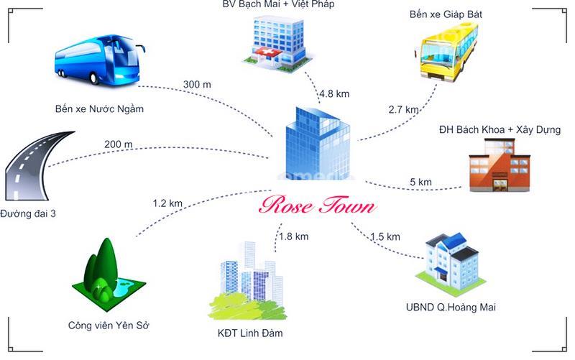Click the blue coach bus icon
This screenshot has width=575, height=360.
pyautogui.click(x=99, y=60)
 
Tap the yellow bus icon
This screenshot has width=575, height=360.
pyautogui.click(x=446, y=52)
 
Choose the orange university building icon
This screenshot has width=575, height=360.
pyautogui.click(x=500, y=165)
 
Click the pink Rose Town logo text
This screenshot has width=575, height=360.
pyautogui.click(x=317, y=205)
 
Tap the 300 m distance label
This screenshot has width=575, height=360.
pyautogui.click(x=197, y=85)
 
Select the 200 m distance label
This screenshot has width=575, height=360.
pyautogui.click(x=118, y=144)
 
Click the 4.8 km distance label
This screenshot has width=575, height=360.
pyautogui.click(x=334, y=94)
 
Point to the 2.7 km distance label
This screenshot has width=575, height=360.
pyautogui.click(x=403, y=109)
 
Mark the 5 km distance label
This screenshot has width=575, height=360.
pyautogui.click(x=420, y=182)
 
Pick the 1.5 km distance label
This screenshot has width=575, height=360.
pyautogui.click(x=385, y=237)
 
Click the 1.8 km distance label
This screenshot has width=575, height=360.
pyautogui.click(x=293, y=237)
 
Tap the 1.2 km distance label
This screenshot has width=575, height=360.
pyautogui.click(x=167, y=203)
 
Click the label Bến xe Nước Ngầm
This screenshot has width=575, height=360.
pyautogui.click(x=99, y=109)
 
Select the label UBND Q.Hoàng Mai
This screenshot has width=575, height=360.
pyautogui.click(x=451, y=308)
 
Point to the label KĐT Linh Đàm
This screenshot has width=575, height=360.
pyautogui.click(x=250, y=333)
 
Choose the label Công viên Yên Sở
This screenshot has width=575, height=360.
pyautogui.click(x=109, y=326)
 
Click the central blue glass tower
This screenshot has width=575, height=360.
pyautogui.click(x=318, y=143)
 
